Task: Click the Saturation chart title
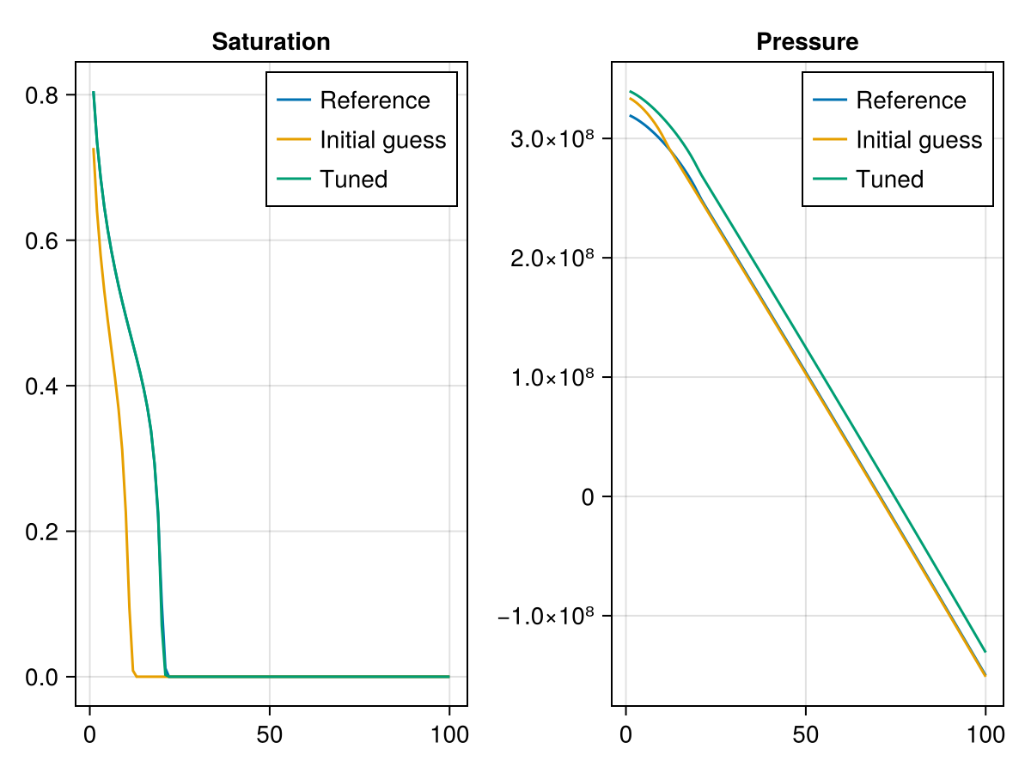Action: pyautogui.click(x=271, y=42)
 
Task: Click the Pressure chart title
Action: pyautogui.click(x=808, y=42)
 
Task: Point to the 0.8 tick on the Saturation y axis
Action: pyautogui.click(x=41, y=95)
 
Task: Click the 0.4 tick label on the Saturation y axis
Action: pyautogui.click(x=41, y=386)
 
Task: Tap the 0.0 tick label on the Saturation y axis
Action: pyautogui.click(x=41, y=678)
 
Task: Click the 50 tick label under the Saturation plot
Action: pyautogui.click(x=270, y=734)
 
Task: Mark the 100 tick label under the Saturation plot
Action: pyautogui.click(x=449, y=734)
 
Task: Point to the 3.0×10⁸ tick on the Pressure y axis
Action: pyautogui.click(x=552, y=138)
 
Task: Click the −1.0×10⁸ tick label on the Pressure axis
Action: pyautogui.click(x=546, y=615)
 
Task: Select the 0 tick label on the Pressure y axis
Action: pyautogui.click(x=588, y=497)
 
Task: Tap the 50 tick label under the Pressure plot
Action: pyautogui.click(x=806, y=734)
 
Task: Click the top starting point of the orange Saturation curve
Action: pyautogui.click(x=94, y=149)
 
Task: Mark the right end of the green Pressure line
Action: pyautogui.click(x=985, y=651)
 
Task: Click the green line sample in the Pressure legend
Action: pyautogui.click(x=830, y=179)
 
